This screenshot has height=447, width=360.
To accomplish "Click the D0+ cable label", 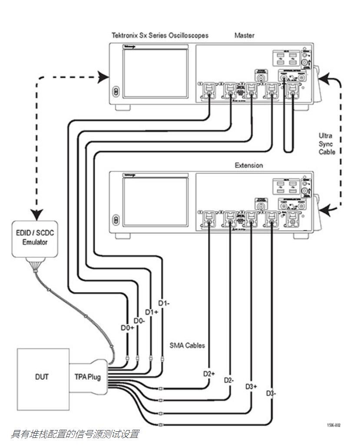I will [127, 328].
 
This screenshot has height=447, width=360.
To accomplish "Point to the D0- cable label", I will [139, 320].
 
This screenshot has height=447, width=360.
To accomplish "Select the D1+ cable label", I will [152, 312].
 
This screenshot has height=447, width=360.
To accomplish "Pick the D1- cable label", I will [163, 303].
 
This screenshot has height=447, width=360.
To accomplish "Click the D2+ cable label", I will [209, 374].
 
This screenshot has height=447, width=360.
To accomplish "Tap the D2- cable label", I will [229, 380].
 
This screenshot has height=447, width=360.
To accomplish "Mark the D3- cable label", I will [271, 393].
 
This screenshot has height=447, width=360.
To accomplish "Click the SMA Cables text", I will [187, 346].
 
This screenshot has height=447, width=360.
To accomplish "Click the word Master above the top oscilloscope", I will [244, 36].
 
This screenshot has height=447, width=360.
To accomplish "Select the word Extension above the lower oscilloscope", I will [249, 165].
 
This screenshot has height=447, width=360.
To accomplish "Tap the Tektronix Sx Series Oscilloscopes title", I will [160, 36].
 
